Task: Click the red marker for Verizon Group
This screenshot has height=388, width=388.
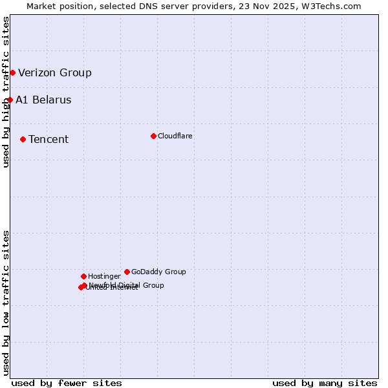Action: click(12, 72)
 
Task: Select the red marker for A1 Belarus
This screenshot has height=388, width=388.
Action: click(10, 100)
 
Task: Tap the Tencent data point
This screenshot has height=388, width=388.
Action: click(23, 139)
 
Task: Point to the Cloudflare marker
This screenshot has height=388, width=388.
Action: click(153, 136)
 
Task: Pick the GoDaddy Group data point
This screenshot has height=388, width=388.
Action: click(127, 272)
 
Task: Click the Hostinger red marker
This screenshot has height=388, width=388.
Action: click(83, 276)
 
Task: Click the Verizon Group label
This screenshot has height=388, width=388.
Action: click(55, 72)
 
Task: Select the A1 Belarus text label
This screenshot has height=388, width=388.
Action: click(43, 100)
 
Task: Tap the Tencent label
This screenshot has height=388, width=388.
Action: click(48, 140)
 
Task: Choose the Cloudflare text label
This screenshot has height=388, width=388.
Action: click(175, 136)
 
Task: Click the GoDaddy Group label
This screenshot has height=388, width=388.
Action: click(158, 272)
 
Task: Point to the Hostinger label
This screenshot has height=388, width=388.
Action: click(104, 277)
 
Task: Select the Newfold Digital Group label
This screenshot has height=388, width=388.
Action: click(126, 285)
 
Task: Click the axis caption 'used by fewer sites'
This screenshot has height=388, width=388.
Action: click(67, 383)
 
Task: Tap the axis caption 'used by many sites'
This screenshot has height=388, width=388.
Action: click(325, 383)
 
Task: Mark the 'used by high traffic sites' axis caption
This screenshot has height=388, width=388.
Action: click(6, 92)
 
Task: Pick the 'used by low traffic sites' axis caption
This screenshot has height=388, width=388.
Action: click(6, 303)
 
